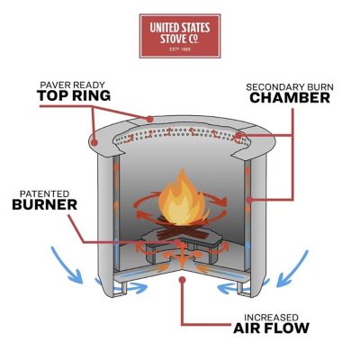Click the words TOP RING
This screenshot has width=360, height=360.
(73, 96)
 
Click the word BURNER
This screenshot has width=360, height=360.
(42, 204)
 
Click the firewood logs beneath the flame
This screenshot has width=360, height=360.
(184, 222)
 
